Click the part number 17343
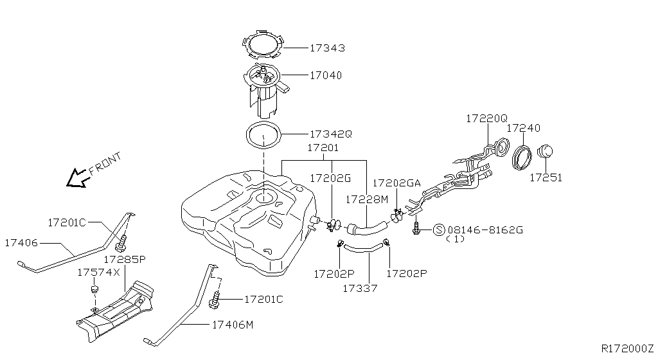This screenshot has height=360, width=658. tap(327, 48)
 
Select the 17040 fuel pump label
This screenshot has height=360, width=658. tap(326, 75)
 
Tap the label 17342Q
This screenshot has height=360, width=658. tap(331, 134)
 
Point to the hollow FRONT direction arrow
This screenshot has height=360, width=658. tap(78, 177)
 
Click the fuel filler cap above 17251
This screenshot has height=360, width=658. tap(545, 151)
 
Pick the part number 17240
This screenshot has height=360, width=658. tap(523, 128)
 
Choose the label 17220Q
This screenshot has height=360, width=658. tap(487, 119)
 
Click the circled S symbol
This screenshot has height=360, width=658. tap(439, 230)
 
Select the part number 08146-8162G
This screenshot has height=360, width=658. tap(485, 230)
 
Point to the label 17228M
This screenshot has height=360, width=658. tap(367, 199)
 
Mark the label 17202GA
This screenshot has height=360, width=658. tap(396, 183)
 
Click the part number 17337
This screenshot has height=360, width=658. tap(360, 288)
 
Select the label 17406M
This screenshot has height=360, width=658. tap(233, 325)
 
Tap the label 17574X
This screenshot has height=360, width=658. tap(98, 273)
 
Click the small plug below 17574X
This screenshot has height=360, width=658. tap(94, 289)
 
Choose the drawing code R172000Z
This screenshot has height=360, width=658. tap(627, 348)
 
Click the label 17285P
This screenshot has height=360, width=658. tap(125, 259)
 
